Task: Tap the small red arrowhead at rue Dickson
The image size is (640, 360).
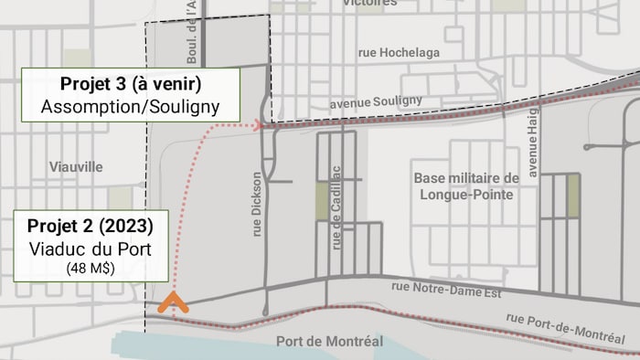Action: (x=258, y=124)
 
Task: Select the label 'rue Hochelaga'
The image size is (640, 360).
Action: (x=401, y=53)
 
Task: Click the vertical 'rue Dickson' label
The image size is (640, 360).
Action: (x=257, y=205)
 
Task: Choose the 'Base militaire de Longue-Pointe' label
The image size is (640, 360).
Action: (x=466, y=185)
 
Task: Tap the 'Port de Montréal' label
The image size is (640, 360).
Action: (x=329, y=342)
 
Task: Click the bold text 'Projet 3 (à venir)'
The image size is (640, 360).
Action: (x=131, y=84)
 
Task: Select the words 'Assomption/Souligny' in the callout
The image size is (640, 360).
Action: (x=131, y=106)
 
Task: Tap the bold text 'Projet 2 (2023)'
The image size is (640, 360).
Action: (x=90, y=226)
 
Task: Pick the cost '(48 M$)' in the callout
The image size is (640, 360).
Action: (x=90, y=269)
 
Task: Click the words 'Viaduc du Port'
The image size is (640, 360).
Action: (x=90, y=249)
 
